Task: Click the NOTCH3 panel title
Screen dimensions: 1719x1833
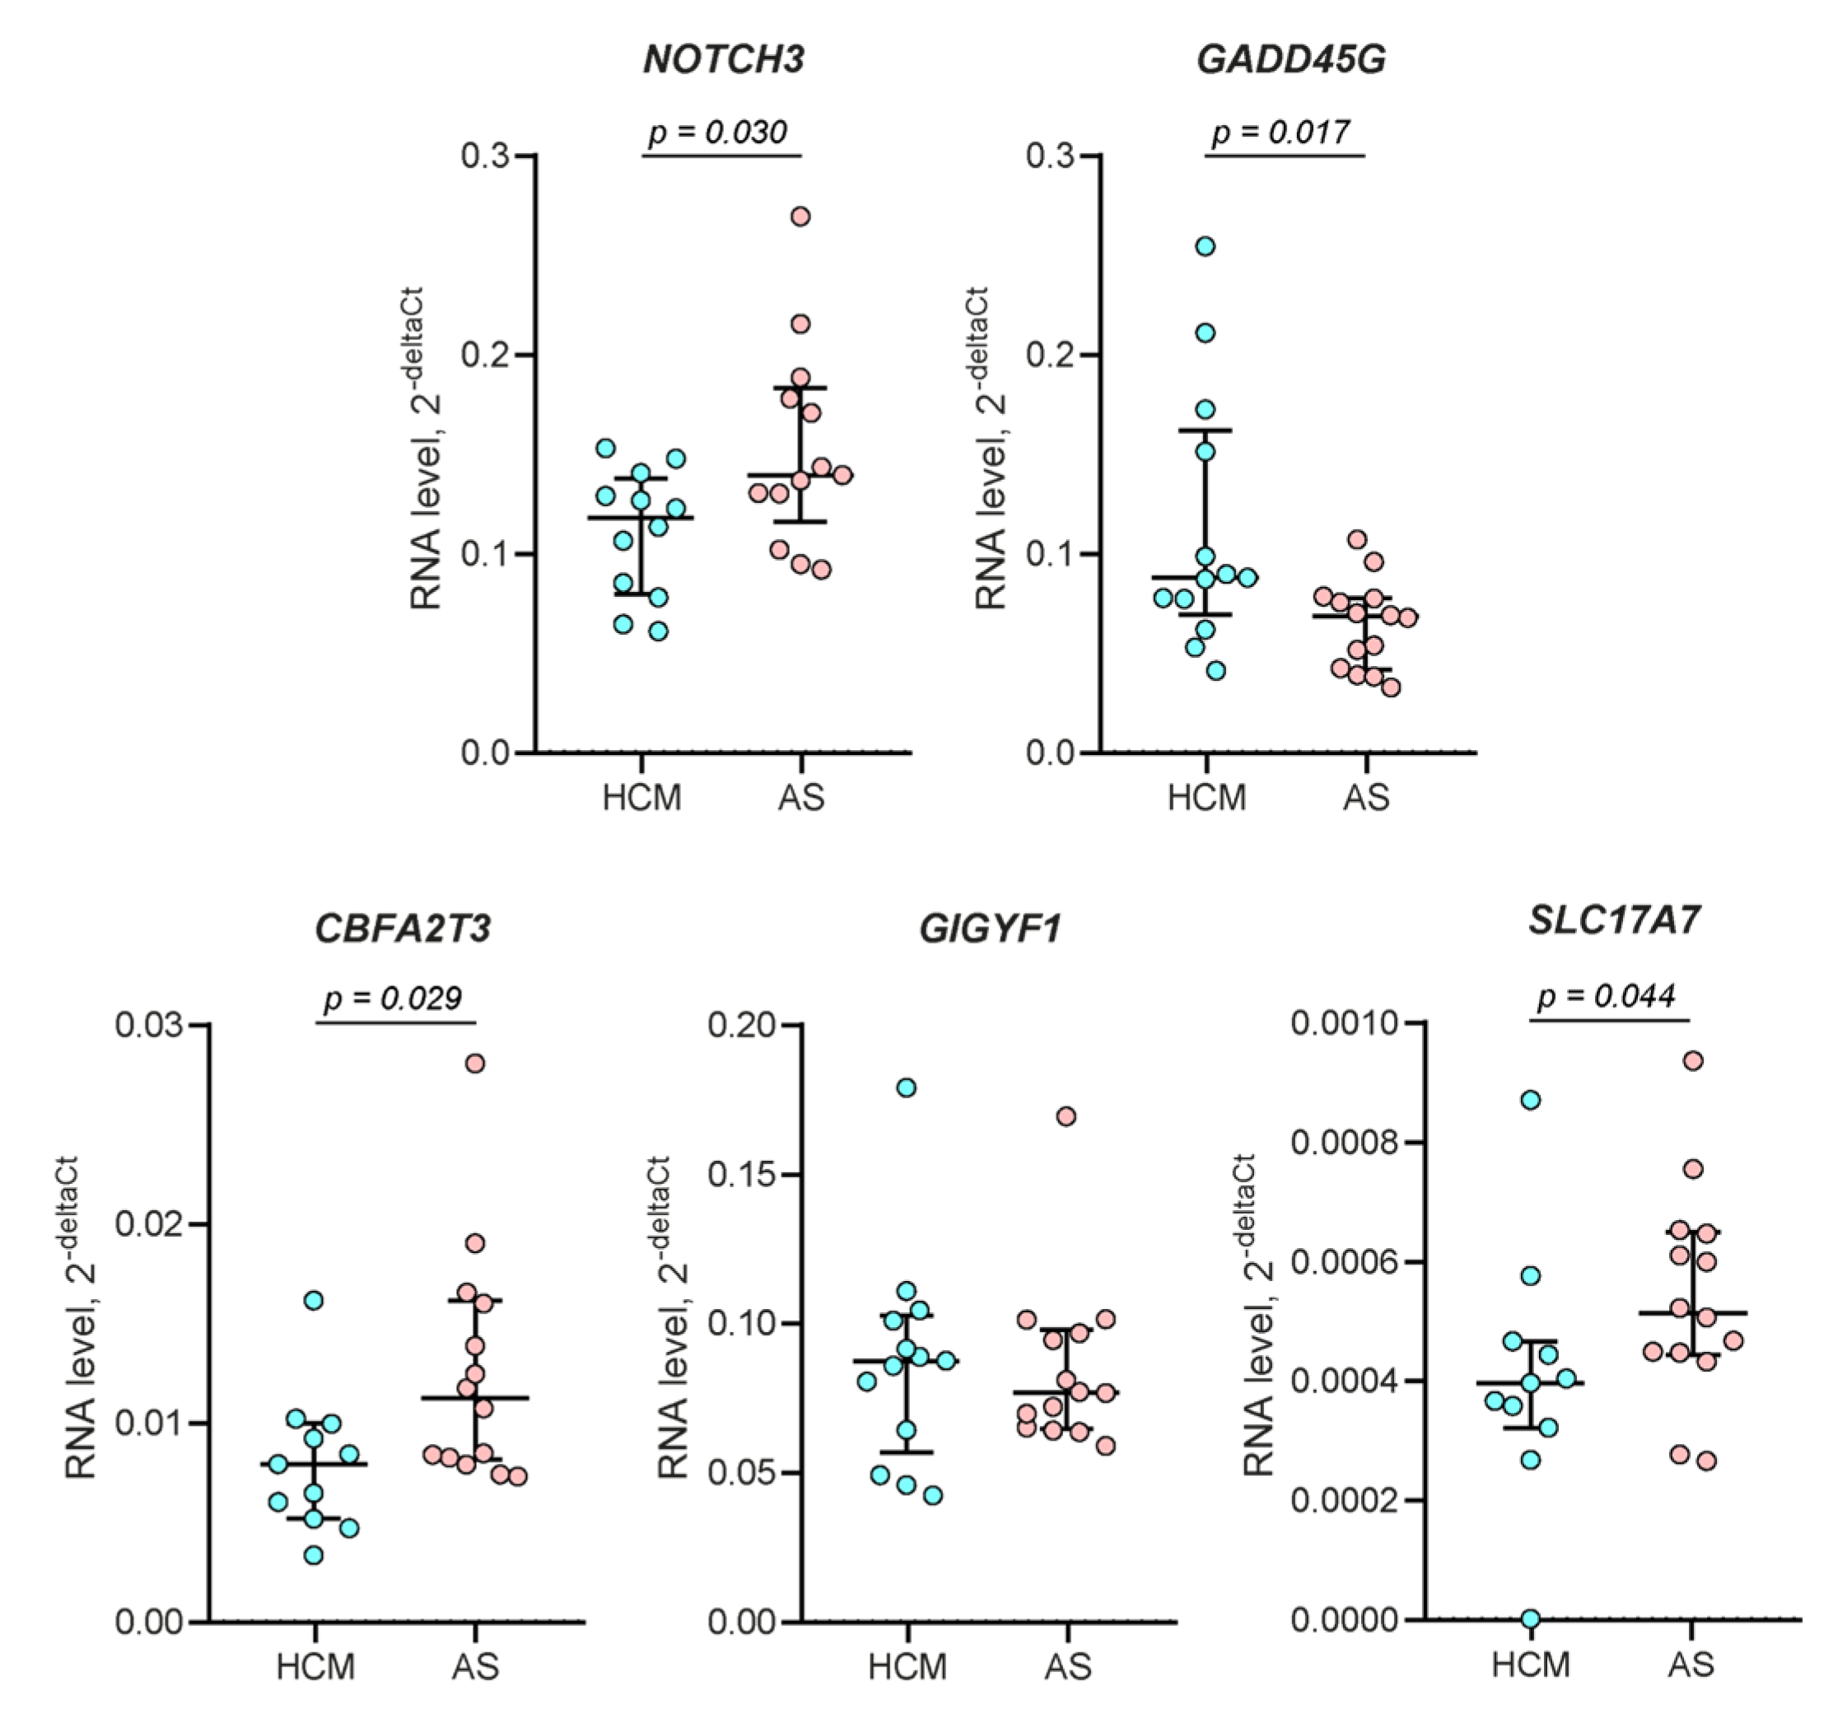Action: click(x=724, y=60)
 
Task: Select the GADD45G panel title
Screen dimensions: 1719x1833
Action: click(x=1290, y=60)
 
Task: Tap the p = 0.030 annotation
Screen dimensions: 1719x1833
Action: click(x=718, y=132)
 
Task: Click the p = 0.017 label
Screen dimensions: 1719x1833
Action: click(x=1281, y=132)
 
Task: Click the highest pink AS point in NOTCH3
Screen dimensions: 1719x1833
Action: click(x=800, y=217)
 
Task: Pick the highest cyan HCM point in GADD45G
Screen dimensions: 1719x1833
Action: click(x=1205, y=246)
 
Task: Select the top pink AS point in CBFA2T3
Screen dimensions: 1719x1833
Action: click(x=475, y=1063)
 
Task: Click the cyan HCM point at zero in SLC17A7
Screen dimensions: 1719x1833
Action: click(x=1531, y=1619)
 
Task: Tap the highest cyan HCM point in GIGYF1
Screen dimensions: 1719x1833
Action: click(x=907, y=1088)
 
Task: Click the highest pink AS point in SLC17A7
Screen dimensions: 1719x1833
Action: click(x=1693, y=1061)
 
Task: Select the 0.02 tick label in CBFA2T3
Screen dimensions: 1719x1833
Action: click(x=149, y=1224)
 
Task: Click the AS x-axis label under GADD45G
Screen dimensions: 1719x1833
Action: click(x=1365, y=797)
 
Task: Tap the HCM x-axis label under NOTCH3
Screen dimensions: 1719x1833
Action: click(x=641, y=797)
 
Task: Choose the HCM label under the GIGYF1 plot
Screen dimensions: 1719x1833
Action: click(x=907, y=1666)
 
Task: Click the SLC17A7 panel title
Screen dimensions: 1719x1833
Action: click(x=1614, y=920)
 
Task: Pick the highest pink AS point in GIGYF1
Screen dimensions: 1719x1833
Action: click(x=1066, y=1116)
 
